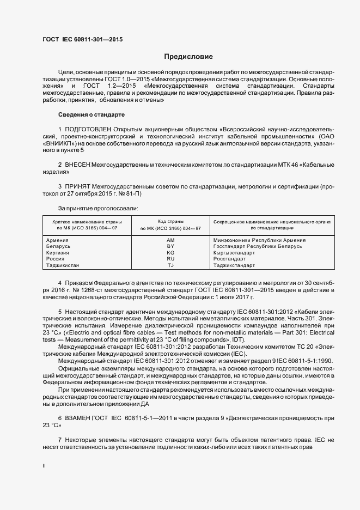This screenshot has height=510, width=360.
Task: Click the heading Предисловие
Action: click(188, 57)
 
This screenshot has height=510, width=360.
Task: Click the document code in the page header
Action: click(83, 40)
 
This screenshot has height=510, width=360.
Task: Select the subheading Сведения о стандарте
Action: click(91, 115)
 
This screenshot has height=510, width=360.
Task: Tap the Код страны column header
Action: click(170, 222)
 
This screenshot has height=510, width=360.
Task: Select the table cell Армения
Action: click(57, 240)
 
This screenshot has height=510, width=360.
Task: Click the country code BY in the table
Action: click(170, 247)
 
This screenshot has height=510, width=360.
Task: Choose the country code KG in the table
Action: click(170, 253)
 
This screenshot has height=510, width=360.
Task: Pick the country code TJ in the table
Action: click(170, 265)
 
